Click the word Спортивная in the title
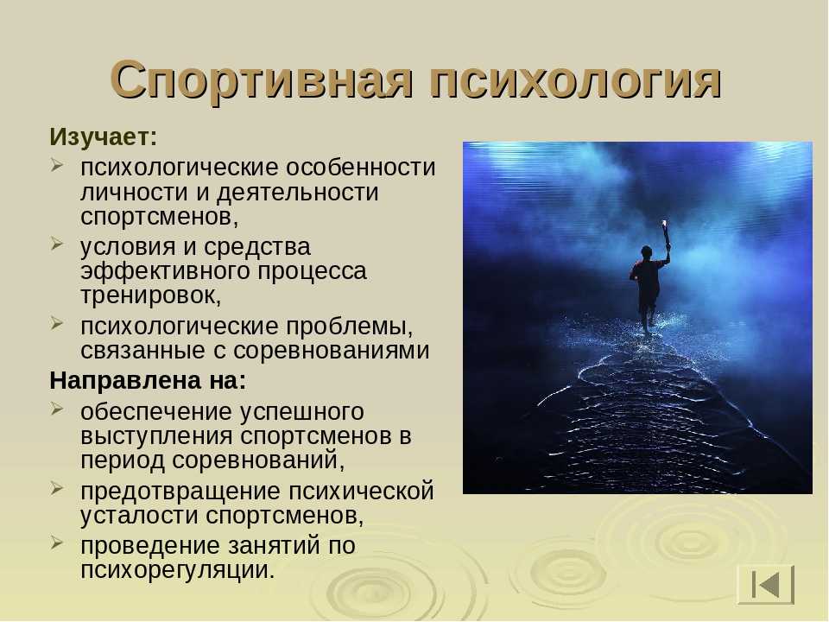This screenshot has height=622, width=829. click(261, 79)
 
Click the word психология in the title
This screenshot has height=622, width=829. click(576, 79)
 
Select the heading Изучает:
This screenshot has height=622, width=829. click(103, 137)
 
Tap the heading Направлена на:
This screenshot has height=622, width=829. click(148, 380)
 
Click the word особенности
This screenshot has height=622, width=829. click(361, 168)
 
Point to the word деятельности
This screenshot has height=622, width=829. click(298, 192)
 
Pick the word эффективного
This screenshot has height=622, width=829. click(165, 271)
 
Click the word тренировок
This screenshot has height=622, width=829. click(150, 295)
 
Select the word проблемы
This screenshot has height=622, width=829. click(349, 327)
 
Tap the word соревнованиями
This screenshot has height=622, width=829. click(331, 351)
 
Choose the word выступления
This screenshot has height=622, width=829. click(156, 436)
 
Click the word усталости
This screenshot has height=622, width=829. click(139, 515)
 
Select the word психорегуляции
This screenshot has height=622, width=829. click(178, 571)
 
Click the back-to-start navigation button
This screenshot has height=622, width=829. click(766, 585)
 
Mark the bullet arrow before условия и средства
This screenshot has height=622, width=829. click(57, 244)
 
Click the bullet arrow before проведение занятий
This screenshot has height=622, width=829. click(57, 543)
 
